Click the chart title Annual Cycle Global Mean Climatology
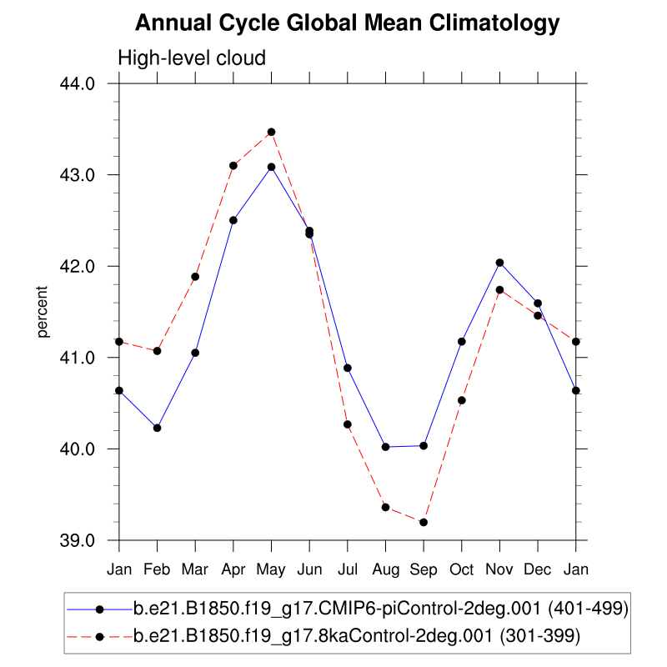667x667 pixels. pyautogui.click(x=347, y=23)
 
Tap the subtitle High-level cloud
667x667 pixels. pyautogui.click(x=192, y=58)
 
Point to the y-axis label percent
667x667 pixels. pyautogui.click(x=43, y=312)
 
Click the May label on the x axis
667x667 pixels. pyautogui.click(x=271, y=569)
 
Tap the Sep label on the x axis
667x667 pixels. pyautogui.click(x=424, y=569)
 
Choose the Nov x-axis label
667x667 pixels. pyautogui.click(x=499, y=569)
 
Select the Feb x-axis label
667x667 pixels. pyautogui.click(x=157, y=569)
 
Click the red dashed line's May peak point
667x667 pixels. pyautogui.click(x=271, y=132)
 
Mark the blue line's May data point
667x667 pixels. pyautogui.click(x=271, y=167)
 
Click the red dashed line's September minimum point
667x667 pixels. pyautogui.click(x=424, y=522)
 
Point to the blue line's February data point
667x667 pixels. pyautogui.click(x=157, y=428)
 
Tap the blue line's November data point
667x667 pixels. pyautogui.click(x=499, y=263)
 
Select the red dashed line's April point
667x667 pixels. pyautogui.click(x=233, y=166)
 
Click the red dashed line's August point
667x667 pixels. pyautogui.click(x=385, y=507)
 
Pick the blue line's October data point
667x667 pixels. pyautogui.click(x=462, y=341)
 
